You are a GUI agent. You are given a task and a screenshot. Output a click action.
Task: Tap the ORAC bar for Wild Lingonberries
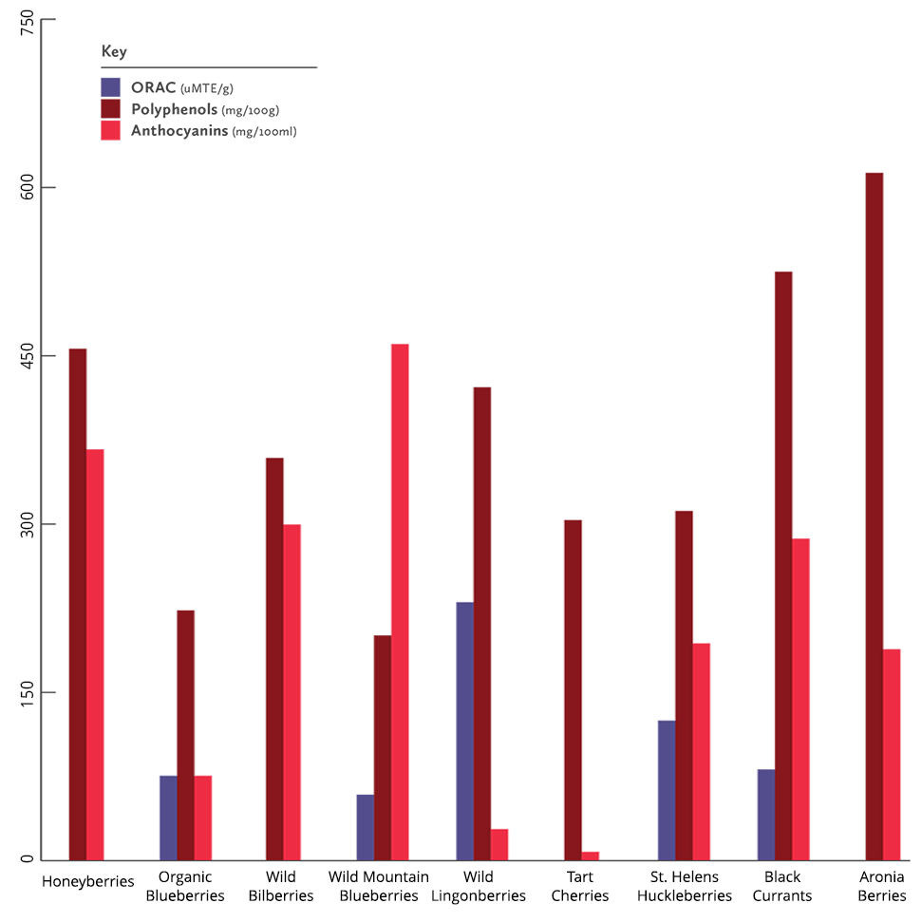click(x=464, y=731)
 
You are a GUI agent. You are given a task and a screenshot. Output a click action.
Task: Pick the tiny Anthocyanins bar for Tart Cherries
click(x=591, y=856)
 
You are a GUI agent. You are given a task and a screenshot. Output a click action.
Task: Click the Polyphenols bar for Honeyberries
click(x=78, y=604)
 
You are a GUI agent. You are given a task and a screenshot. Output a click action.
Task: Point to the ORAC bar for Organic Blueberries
click(x=168, y=818)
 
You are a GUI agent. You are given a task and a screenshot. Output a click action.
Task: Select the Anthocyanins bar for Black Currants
click(x=800, y=699)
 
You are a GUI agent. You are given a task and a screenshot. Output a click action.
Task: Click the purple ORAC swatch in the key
click(x=110, y=86)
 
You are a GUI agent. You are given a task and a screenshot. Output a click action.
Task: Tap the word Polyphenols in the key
click(x=174, y=109)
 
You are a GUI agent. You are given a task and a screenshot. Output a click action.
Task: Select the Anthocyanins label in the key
click(x=179, y=131)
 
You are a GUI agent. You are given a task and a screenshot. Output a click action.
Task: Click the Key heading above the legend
click(x=114, y=51)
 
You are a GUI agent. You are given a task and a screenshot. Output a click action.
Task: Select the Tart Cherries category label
click(x=580, y=886)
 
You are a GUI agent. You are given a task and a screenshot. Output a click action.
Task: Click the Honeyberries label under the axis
click(x=87, y=880)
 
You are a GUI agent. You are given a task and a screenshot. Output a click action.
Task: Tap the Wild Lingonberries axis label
click(x=479, y=886)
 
